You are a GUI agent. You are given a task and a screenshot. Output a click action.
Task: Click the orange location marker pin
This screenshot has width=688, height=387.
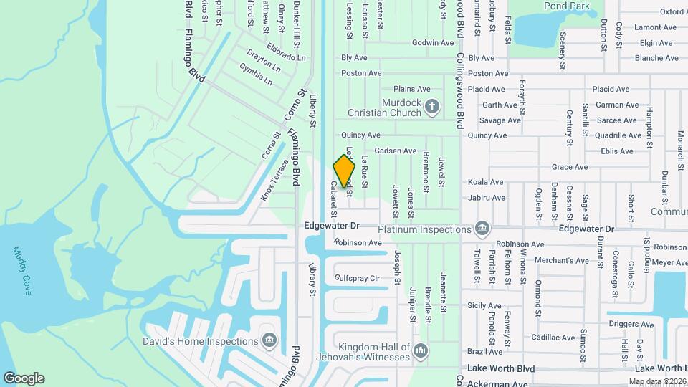345,172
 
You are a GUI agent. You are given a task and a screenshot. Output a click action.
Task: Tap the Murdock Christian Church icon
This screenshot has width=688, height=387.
431,107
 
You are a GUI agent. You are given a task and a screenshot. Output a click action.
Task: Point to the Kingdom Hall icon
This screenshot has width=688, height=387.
421,350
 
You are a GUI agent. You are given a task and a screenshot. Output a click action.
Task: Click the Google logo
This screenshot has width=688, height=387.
24,378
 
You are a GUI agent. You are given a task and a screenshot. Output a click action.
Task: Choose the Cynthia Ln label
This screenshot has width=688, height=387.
256,74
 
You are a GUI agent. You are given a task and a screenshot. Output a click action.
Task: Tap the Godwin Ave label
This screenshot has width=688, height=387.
433,43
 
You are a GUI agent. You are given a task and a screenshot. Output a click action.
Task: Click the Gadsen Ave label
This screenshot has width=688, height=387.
395,151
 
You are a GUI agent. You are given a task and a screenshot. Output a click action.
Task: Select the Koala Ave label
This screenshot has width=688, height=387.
486,182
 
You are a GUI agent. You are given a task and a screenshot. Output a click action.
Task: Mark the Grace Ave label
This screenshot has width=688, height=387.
570,167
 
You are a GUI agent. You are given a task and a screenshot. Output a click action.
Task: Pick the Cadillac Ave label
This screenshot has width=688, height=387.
553,338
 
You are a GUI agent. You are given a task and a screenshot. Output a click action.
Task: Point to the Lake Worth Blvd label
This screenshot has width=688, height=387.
502,368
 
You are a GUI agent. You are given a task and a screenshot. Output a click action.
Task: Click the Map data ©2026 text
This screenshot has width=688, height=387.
656,381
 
